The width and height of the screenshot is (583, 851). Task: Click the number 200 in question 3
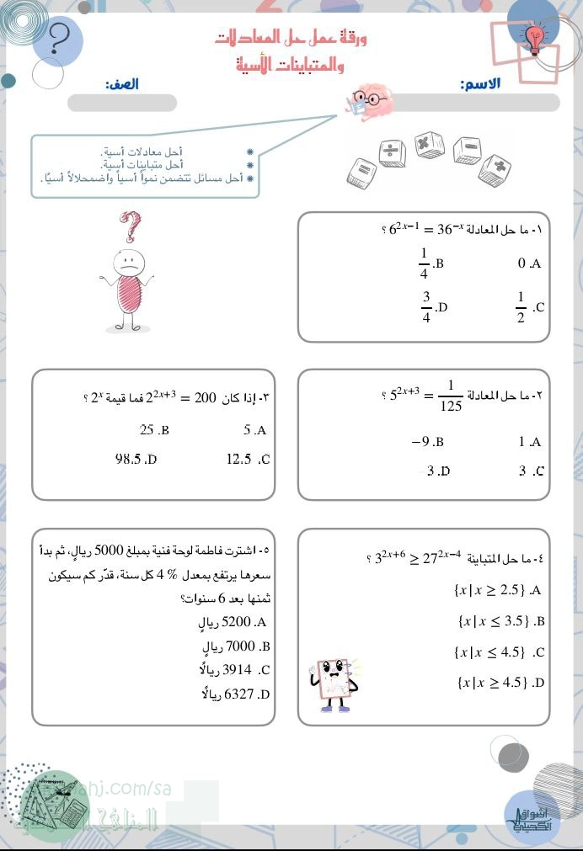pos(205,396)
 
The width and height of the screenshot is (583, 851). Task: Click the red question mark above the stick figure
pos(129,226)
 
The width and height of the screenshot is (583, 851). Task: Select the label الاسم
pos(480,85)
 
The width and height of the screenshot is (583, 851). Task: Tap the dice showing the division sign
pos(390,152)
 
